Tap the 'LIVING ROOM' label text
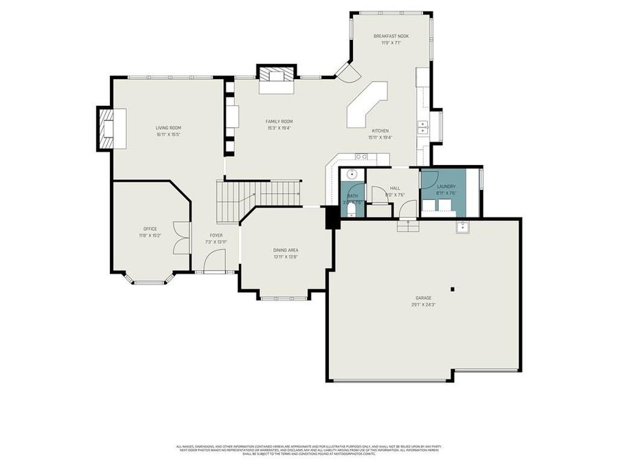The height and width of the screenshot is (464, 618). coord(168,127)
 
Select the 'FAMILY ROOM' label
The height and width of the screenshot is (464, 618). coord(279,121)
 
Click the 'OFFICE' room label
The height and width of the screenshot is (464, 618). coord(150,229)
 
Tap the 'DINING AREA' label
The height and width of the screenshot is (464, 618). coord(285,250)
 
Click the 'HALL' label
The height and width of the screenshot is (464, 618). coord(395,188)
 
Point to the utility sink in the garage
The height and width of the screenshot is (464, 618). coord(462,227)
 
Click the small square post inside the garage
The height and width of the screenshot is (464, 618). coord(452,289)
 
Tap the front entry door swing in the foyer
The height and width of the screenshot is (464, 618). coord(216,260)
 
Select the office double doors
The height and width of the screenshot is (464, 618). coord(181,237)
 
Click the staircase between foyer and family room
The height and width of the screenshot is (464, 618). coord(259,194)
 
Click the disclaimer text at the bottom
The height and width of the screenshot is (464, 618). coord(308,450)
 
